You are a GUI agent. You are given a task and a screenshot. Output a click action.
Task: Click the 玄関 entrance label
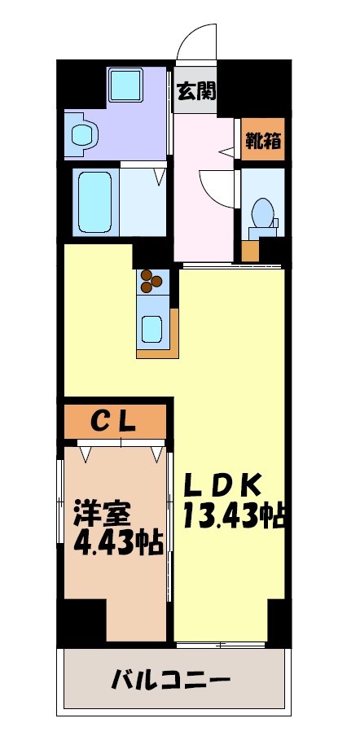(x=196, y=90)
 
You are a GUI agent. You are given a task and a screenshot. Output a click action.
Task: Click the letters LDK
(x=222, y=486)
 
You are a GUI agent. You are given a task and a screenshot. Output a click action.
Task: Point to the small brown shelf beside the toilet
(x=251, y=250)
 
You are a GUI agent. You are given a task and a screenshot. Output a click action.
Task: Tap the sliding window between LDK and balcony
(x=221, y=645)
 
